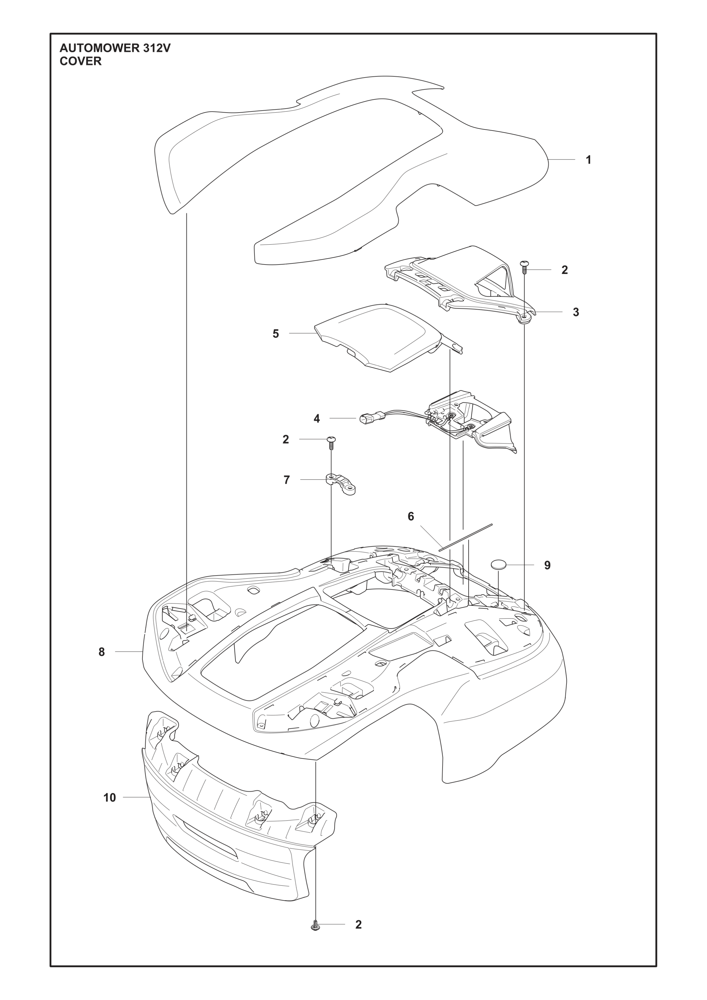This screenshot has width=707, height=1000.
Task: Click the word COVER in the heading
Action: [81, 61]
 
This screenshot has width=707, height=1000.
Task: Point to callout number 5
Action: [276, 334]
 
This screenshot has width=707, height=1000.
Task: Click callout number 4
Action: [317, 419]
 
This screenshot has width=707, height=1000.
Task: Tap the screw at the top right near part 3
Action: [524, 266]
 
